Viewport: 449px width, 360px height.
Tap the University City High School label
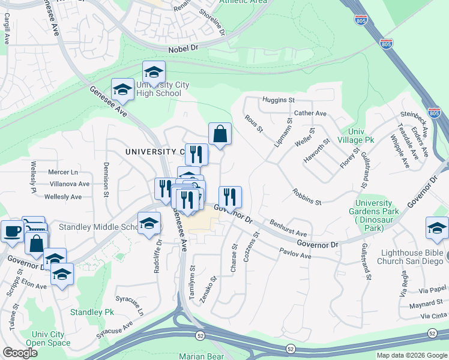[x=158, y=89]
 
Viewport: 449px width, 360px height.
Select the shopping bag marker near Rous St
[x=220, y=134]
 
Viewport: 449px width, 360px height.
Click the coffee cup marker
[x=11, y=230]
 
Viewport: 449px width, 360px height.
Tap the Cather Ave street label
[x=310, y=113]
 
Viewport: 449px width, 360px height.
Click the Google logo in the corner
[x=20, y=353]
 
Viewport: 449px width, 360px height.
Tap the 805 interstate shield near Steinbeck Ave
[x=435, y=112]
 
